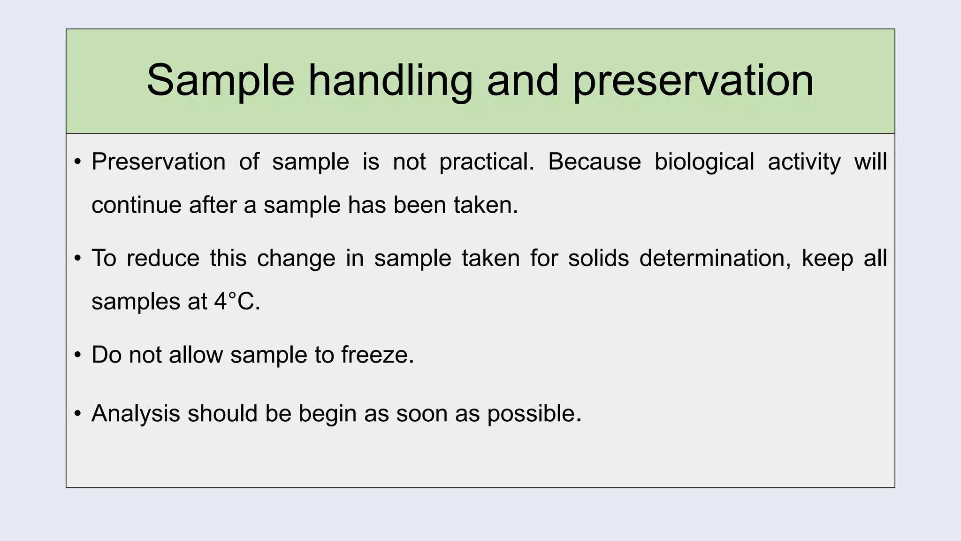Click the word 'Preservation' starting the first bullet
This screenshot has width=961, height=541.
(159, 162)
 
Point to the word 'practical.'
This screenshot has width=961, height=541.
(487, 162)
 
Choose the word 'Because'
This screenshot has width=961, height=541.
(594, 162)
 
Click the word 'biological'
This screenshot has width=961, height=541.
(704, 162)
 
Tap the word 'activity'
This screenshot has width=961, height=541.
(804, 162)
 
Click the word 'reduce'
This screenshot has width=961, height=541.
(163, 258)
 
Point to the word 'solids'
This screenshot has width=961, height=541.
(598, 258)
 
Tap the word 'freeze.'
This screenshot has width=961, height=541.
(377, 355)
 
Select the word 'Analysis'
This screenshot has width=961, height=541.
(136, 414)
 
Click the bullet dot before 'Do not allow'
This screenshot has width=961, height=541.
(78, 355)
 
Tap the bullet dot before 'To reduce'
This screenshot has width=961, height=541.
(78, 258)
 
